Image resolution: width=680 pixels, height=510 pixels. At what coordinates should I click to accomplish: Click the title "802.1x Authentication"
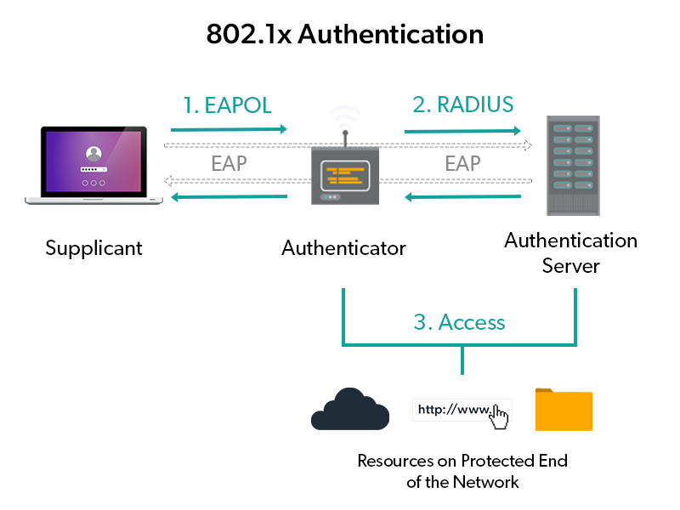click(x=345, y=35)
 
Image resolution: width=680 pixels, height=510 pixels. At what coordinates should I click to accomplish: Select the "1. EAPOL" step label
click(x=227, y=105)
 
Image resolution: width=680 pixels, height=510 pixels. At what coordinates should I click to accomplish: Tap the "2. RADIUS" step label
click(x=463, y=105)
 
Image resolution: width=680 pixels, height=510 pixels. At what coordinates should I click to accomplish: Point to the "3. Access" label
click(x=459, y=322)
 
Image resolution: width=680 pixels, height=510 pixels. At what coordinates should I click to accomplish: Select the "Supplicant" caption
click(x=93, y=248)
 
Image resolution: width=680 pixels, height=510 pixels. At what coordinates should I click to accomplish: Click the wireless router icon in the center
click(x=344, y=170)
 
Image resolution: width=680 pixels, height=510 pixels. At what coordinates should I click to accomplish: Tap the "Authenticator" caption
click(x=343, y=248)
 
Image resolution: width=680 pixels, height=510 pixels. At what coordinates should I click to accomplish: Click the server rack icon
click(x=570, y=166)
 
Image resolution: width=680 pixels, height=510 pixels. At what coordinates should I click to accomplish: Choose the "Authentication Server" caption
click(x=570, y=252)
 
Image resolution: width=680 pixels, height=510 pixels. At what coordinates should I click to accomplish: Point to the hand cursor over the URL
click(x=500, y=416)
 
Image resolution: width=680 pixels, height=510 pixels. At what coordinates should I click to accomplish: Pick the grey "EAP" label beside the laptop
click(x=229, y=162)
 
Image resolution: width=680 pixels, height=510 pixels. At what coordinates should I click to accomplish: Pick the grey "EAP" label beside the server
click(x=462, y=162)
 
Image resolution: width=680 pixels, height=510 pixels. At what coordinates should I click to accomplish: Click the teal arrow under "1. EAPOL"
click(x=229, y=130)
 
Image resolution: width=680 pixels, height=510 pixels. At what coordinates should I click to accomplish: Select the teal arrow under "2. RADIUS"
click(x=462, y=131)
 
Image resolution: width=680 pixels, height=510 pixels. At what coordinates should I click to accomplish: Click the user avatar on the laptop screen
click(x=93, y=153)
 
